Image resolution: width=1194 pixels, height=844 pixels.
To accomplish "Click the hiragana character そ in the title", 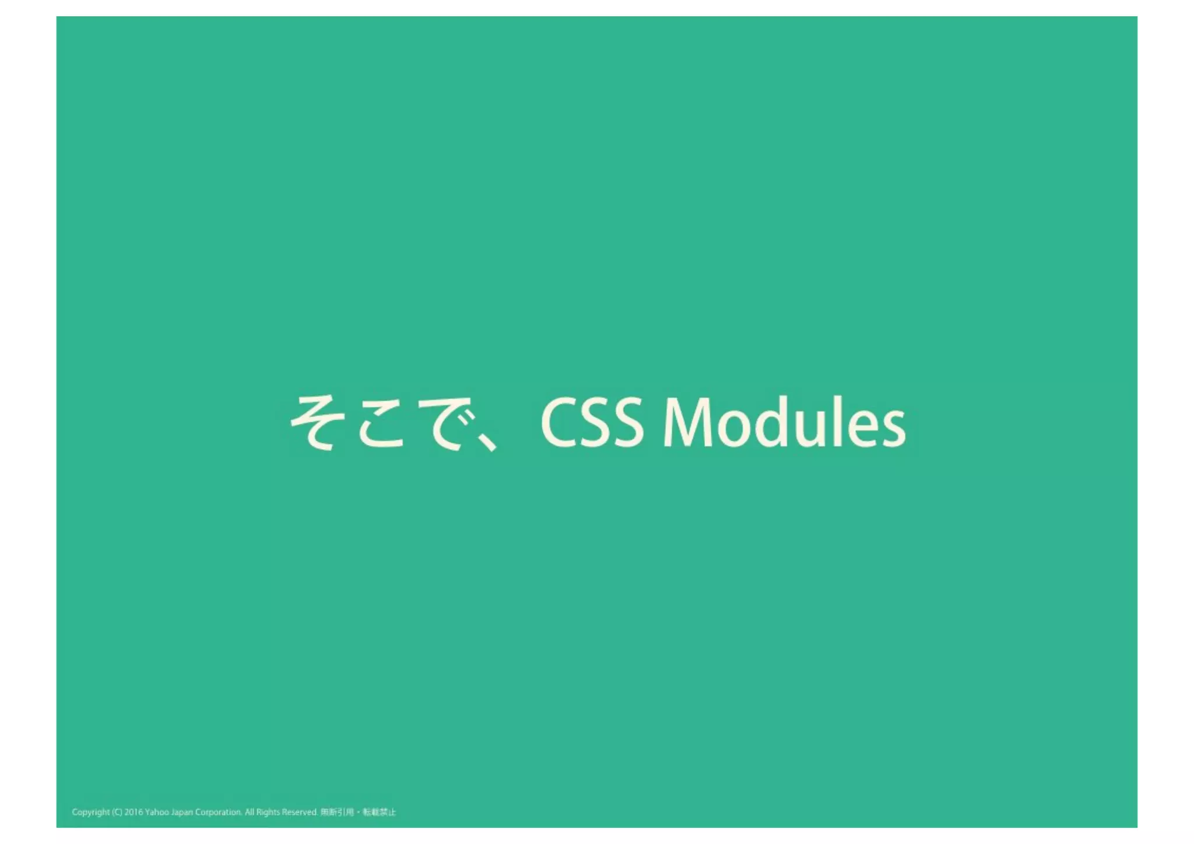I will pyautogui.click(x=314, y=422).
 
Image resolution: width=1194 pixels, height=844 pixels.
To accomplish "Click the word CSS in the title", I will pyautogui.click(x=592, y=422).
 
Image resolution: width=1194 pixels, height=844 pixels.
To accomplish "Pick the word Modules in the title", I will pyautogui.click(x=784, y=422).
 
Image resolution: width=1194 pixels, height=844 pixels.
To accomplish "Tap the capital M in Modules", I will pyautogui.click(x=688, y=422).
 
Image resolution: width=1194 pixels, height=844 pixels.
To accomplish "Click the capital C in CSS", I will pyautogui.click(x=560, y=422).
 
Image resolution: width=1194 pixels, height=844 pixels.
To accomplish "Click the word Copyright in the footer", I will pyautogui.click(x=90, y=812).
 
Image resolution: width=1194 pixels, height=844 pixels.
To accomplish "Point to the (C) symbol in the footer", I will pyautogui.click(x=117, y=812).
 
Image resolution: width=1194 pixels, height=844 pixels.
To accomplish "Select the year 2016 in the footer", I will pyautogui.click(x=134, y=812).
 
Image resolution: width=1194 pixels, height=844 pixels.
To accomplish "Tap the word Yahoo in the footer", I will pyautogui.click(x=157, y=812).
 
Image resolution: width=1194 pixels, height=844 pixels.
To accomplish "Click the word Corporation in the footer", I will pyautogui.click(x=218, y=812).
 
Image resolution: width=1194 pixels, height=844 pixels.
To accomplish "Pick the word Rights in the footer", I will pyautogui.click(x=268, y=812).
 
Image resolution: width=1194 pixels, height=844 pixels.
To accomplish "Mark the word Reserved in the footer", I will pyautogui.click(x=300, y=812).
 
